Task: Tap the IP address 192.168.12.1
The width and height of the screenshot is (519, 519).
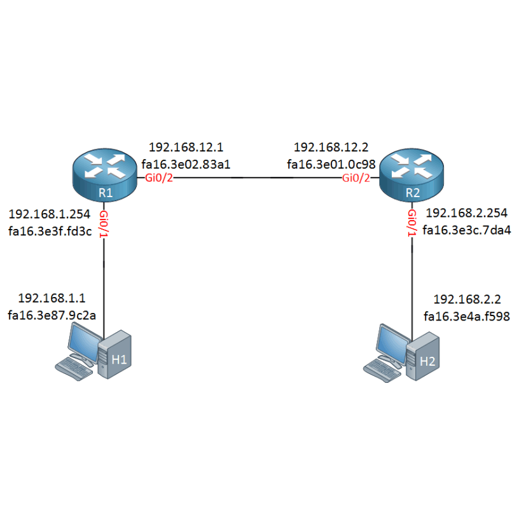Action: coord(186,147)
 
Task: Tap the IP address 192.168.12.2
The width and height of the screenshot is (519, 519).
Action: coord(331,147)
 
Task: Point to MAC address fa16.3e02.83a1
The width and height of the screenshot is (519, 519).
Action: coord(186,164)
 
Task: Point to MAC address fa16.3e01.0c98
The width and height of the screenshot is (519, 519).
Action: coord(331,164)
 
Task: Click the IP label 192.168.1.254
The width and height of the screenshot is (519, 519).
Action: coord(50,214)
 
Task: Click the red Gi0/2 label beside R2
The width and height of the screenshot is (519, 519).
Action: coord(356,177)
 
